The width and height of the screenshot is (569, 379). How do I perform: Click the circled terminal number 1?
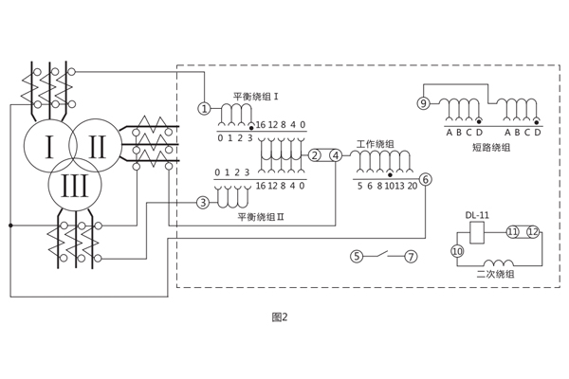click(x=203, y=108)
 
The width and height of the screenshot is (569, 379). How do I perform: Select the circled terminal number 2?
click(x=315, y=155)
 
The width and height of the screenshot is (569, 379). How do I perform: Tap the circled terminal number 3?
click(x=202, y=202)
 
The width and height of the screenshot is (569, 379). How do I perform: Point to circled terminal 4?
click(x=335, y=155)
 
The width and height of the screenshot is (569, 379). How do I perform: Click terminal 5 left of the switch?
click(x=357, y=256)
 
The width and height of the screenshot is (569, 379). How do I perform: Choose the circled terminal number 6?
click(x=425, y=179)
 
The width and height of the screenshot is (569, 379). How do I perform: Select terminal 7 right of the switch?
click(x=411, y=256)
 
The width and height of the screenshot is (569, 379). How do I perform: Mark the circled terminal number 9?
click(x=424, y=103)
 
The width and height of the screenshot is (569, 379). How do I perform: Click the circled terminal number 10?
click(x=456, y=251)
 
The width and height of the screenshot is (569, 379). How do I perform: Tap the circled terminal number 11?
click(x=512, y=230)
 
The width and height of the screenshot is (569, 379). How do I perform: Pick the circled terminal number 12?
click(x=532, y=230)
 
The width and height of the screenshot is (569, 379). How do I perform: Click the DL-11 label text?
click(x=477, y=215)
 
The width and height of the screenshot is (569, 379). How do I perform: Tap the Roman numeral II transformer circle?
click(x=98, y=146)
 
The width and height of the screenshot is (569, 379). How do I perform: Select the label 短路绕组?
click(x=490, y=147)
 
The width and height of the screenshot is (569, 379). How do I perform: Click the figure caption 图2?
click(x=279, y=316)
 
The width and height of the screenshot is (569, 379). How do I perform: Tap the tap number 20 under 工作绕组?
click(x=413, y=187)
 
